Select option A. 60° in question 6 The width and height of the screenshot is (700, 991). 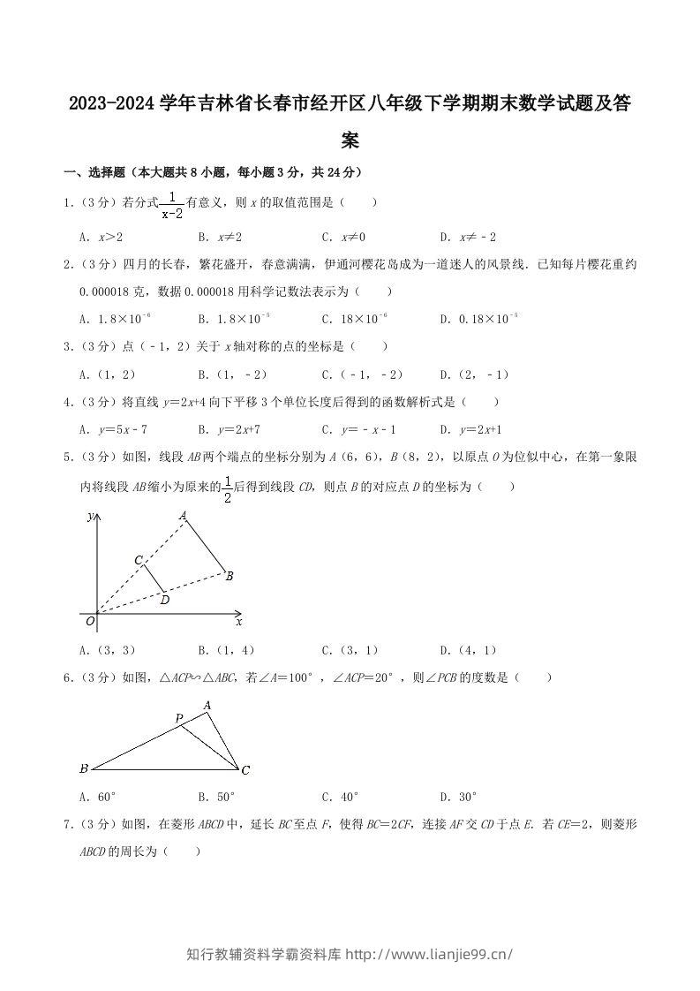point(98,796)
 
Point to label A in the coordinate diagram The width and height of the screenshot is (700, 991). point(183,516)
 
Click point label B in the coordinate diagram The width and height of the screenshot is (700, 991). point(229,577)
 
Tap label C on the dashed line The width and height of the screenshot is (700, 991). point(139,560)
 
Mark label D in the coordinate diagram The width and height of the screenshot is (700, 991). point(164,600)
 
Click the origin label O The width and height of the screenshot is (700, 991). point(89,623)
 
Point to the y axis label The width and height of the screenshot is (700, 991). point(89,518)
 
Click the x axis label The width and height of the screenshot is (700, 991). point(239,622)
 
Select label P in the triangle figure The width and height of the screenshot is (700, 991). point(178,718)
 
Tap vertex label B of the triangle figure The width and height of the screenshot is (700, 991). point(83,768)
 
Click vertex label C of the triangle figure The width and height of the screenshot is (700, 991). point(245,770)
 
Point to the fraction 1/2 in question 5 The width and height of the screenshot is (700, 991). point(227,488)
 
